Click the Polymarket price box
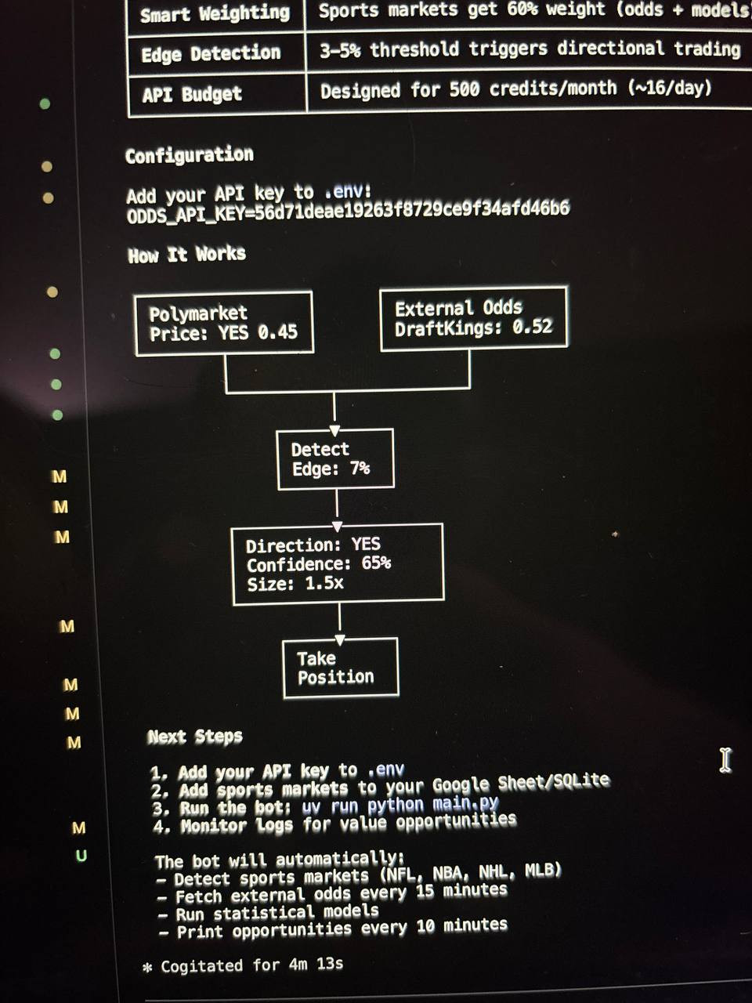[x=224, y=324]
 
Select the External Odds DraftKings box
[x=473, y=317]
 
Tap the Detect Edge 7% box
[x=335, y=459]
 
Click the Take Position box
[x=340, y=668]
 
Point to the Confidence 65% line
[x=318, y=564]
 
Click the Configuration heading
[x=190, y=155]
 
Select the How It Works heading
[x=187, y=255]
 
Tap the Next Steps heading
[x=195, y=737]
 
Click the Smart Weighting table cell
[x=215, y=14]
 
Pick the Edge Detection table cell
[x=211, y=54]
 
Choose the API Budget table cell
[x=192, y=95]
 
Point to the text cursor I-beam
[x=725, y=760]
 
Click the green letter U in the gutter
[x=81, y=856]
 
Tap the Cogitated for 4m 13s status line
[x=251, y=965]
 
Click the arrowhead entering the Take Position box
[x=340, y=639]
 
